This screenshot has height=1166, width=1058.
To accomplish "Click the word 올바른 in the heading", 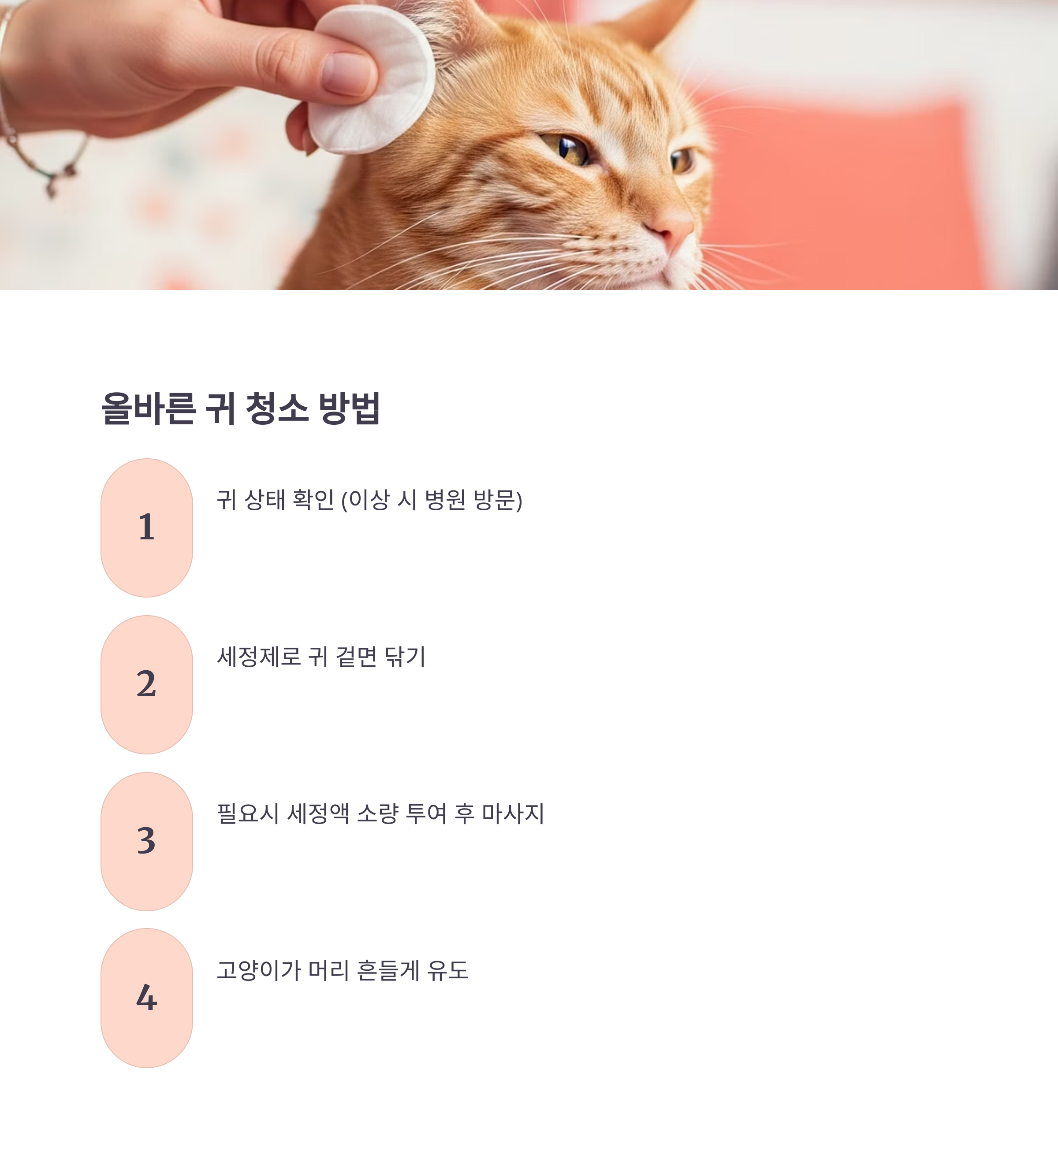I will click(x=148, y=409).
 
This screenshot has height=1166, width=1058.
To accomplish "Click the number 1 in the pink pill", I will click(x=146, y=527).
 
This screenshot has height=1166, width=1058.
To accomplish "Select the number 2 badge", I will click(x=146, y=684).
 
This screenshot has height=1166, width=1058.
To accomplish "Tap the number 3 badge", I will click(x=146, y=841).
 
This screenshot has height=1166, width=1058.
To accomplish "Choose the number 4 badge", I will click(x=146, y=998).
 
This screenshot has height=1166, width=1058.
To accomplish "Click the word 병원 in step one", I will click(x=445, y=500).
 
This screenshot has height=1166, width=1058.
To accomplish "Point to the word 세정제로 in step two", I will click(x=259, y=657).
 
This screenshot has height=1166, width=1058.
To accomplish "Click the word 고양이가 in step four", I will click(x=259, y=970).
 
